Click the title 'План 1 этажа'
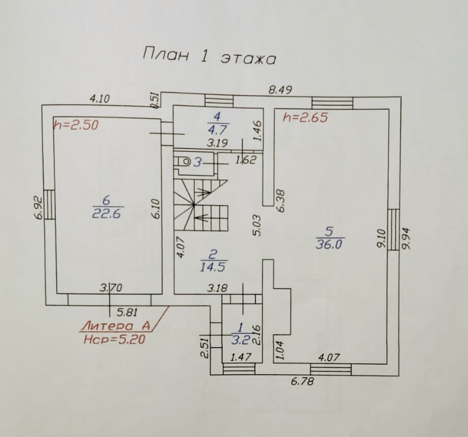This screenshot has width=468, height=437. click(209, 57)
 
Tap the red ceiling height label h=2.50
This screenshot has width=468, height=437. click(76, 125)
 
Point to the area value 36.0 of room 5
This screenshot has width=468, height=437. click(329, 244)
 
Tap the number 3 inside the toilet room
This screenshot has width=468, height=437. click(197, 163)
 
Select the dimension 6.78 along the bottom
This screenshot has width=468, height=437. click(302, 382)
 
